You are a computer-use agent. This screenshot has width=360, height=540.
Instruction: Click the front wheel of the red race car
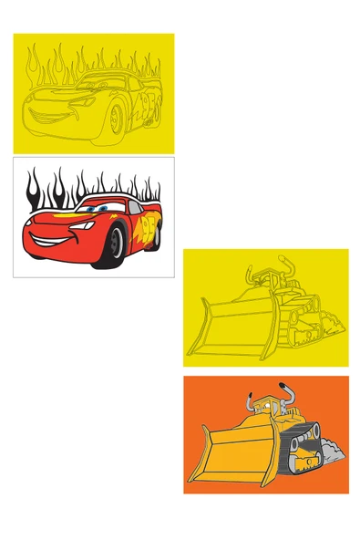tap(116, 244)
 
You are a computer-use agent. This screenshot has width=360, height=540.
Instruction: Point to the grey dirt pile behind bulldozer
tap(333, 451)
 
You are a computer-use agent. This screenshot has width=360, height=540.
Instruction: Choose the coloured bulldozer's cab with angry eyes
tap(263, 403)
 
